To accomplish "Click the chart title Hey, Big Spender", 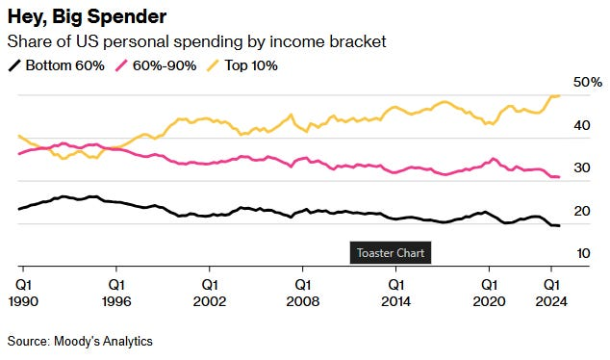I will click(x=87, y=17).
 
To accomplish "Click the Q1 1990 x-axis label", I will click(x=23, y=292).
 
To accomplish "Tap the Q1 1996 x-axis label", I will click(x=116, y=292).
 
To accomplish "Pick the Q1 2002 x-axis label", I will click(x=210, y=292).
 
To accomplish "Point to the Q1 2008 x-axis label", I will click(x=302, y=292).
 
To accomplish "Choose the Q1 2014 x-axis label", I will click(x=395, y=292).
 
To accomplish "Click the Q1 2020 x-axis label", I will click(x=489, y=292).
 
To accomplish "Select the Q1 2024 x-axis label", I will click(x=551, y=292).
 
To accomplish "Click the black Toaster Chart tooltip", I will click(x=388, y=253).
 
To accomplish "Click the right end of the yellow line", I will click(x=560, y=95).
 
